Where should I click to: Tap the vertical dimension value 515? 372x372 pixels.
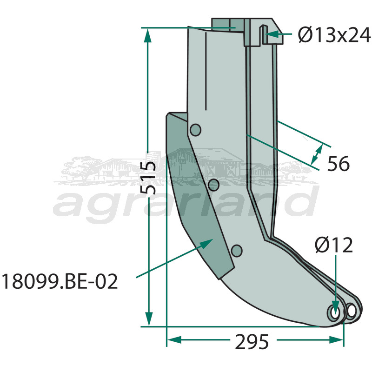[x=149, y=179]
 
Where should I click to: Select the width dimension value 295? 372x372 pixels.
[x=252, y=342]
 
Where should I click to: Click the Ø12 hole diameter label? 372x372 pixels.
[x=333, y=245]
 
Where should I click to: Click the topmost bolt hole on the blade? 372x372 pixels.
[x=195, y=130]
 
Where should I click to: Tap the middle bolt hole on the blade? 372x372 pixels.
[x=214, y=185]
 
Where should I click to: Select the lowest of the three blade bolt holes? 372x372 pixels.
[x=237, y=251]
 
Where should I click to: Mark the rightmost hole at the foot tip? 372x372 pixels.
[x=352, y=310]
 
